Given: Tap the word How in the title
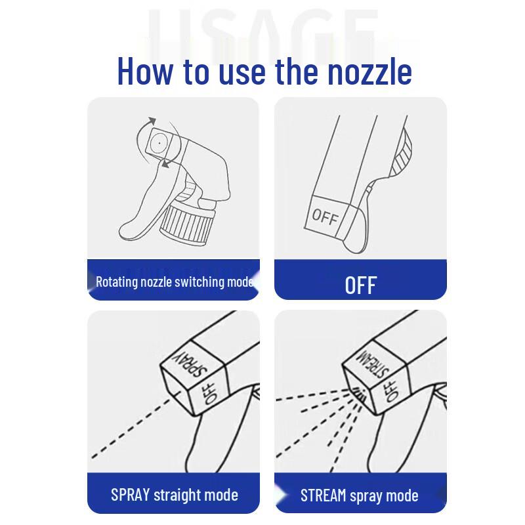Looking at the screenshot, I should pos(146,71).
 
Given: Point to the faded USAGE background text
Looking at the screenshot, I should pos(262,30).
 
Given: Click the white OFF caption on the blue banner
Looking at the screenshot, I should pos(360,285).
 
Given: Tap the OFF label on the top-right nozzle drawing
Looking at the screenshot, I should pos(324,216).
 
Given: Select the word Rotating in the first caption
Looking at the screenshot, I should pos(115,282).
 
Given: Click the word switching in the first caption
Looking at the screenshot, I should pos(194,282).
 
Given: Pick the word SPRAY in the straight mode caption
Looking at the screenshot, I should pos(130,494).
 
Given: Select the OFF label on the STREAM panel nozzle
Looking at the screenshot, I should pos(392,391).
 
